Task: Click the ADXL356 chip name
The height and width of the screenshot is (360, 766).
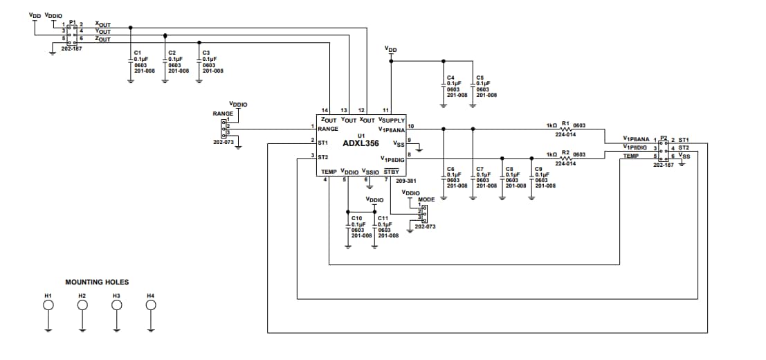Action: [361, 143]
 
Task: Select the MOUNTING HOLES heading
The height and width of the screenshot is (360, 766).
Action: [97, 282]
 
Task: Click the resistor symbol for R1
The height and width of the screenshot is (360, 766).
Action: [565, 129]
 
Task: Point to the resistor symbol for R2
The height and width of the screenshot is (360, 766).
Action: [565, 158]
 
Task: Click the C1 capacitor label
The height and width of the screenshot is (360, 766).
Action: [137, 53]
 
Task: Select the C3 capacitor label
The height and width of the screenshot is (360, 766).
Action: [206, 53]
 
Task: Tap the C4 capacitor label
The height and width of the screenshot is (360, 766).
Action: [450, 78]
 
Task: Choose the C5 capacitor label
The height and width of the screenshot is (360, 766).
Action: [480, 78]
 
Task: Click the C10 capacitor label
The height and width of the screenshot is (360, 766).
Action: [357, 218]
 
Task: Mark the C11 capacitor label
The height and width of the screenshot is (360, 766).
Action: [383, 218]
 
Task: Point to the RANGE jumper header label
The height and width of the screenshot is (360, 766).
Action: [223, 113]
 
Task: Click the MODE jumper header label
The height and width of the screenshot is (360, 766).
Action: [426, 199]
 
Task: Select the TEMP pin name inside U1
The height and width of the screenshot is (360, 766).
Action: [328, 171]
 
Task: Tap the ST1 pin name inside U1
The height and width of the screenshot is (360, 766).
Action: [323, 142]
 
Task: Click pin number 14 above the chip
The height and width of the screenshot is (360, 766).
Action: [325, 111]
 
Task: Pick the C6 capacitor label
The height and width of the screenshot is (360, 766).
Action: [450, 169]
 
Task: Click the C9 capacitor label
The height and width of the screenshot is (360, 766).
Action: [538, 169]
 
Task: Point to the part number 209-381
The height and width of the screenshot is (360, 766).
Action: [405, 181]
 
